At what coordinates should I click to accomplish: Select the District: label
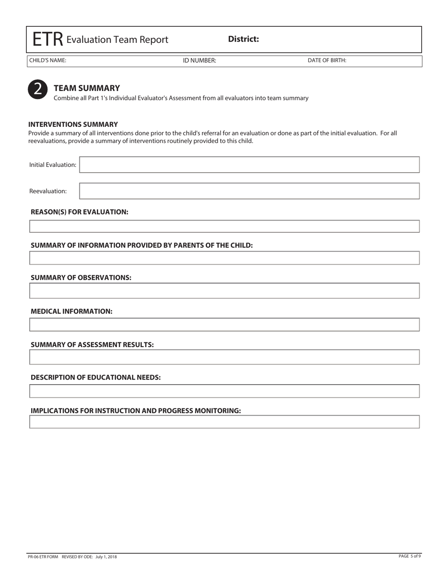coord(243,39)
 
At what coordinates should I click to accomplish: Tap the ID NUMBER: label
coord(199,61)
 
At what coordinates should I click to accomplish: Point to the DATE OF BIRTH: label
coord(327,61)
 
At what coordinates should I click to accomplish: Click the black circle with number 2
coord(38,90)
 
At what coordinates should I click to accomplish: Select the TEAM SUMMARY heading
coord(87,88)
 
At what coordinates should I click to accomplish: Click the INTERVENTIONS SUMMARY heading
coord(73,124)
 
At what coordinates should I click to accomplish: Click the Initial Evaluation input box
coord(249,165)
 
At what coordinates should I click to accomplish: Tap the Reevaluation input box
coord(249,191)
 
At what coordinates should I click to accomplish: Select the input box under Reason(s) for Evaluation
coord(224,226)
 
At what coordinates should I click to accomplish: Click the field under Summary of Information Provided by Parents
coord(224,258)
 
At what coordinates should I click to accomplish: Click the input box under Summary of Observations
coord(224,291)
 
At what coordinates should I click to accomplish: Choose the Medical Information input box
coord(224,325)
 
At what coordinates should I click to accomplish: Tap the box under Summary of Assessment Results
coord(224,357)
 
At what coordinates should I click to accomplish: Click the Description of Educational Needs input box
coord(224,391)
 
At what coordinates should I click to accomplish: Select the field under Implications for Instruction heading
coord(224,422)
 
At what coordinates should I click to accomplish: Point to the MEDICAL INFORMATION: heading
coord(72,312)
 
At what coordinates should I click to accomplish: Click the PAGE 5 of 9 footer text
coord(409,556)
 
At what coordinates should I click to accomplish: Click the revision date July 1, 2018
coord(106,557)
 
